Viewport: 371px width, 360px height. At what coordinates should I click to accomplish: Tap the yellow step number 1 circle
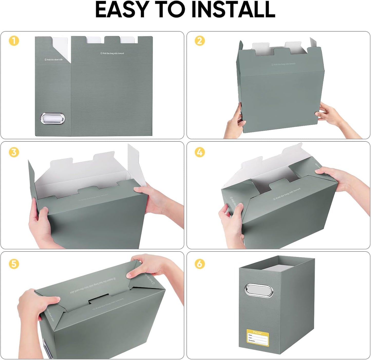click(x=14, y=41)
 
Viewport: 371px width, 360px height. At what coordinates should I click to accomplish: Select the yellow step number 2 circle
click(x=200, y=41)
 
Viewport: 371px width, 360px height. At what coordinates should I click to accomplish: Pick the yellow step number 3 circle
click(x=14, y=152)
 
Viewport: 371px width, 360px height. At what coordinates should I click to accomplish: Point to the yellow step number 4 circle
click(x=200, y=152)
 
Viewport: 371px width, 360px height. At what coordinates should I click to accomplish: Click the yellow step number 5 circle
click(x=14, y=264)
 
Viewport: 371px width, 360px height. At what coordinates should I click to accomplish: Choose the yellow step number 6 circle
click(x=200, y=264)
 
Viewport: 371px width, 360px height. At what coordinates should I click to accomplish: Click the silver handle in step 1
click(x=53, y=119)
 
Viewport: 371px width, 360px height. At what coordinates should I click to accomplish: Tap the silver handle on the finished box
click(x=260, y=290)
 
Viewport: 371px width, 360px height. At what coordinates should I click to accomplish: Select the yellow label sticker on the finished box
click(x=258, y=336)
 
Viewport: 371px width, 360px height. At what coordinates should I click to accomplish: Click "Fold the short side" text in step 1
click(x=53, y=60)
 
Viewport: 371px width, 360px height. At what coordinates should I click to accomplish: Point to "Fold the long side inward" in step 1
click(x=112, y=53)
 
